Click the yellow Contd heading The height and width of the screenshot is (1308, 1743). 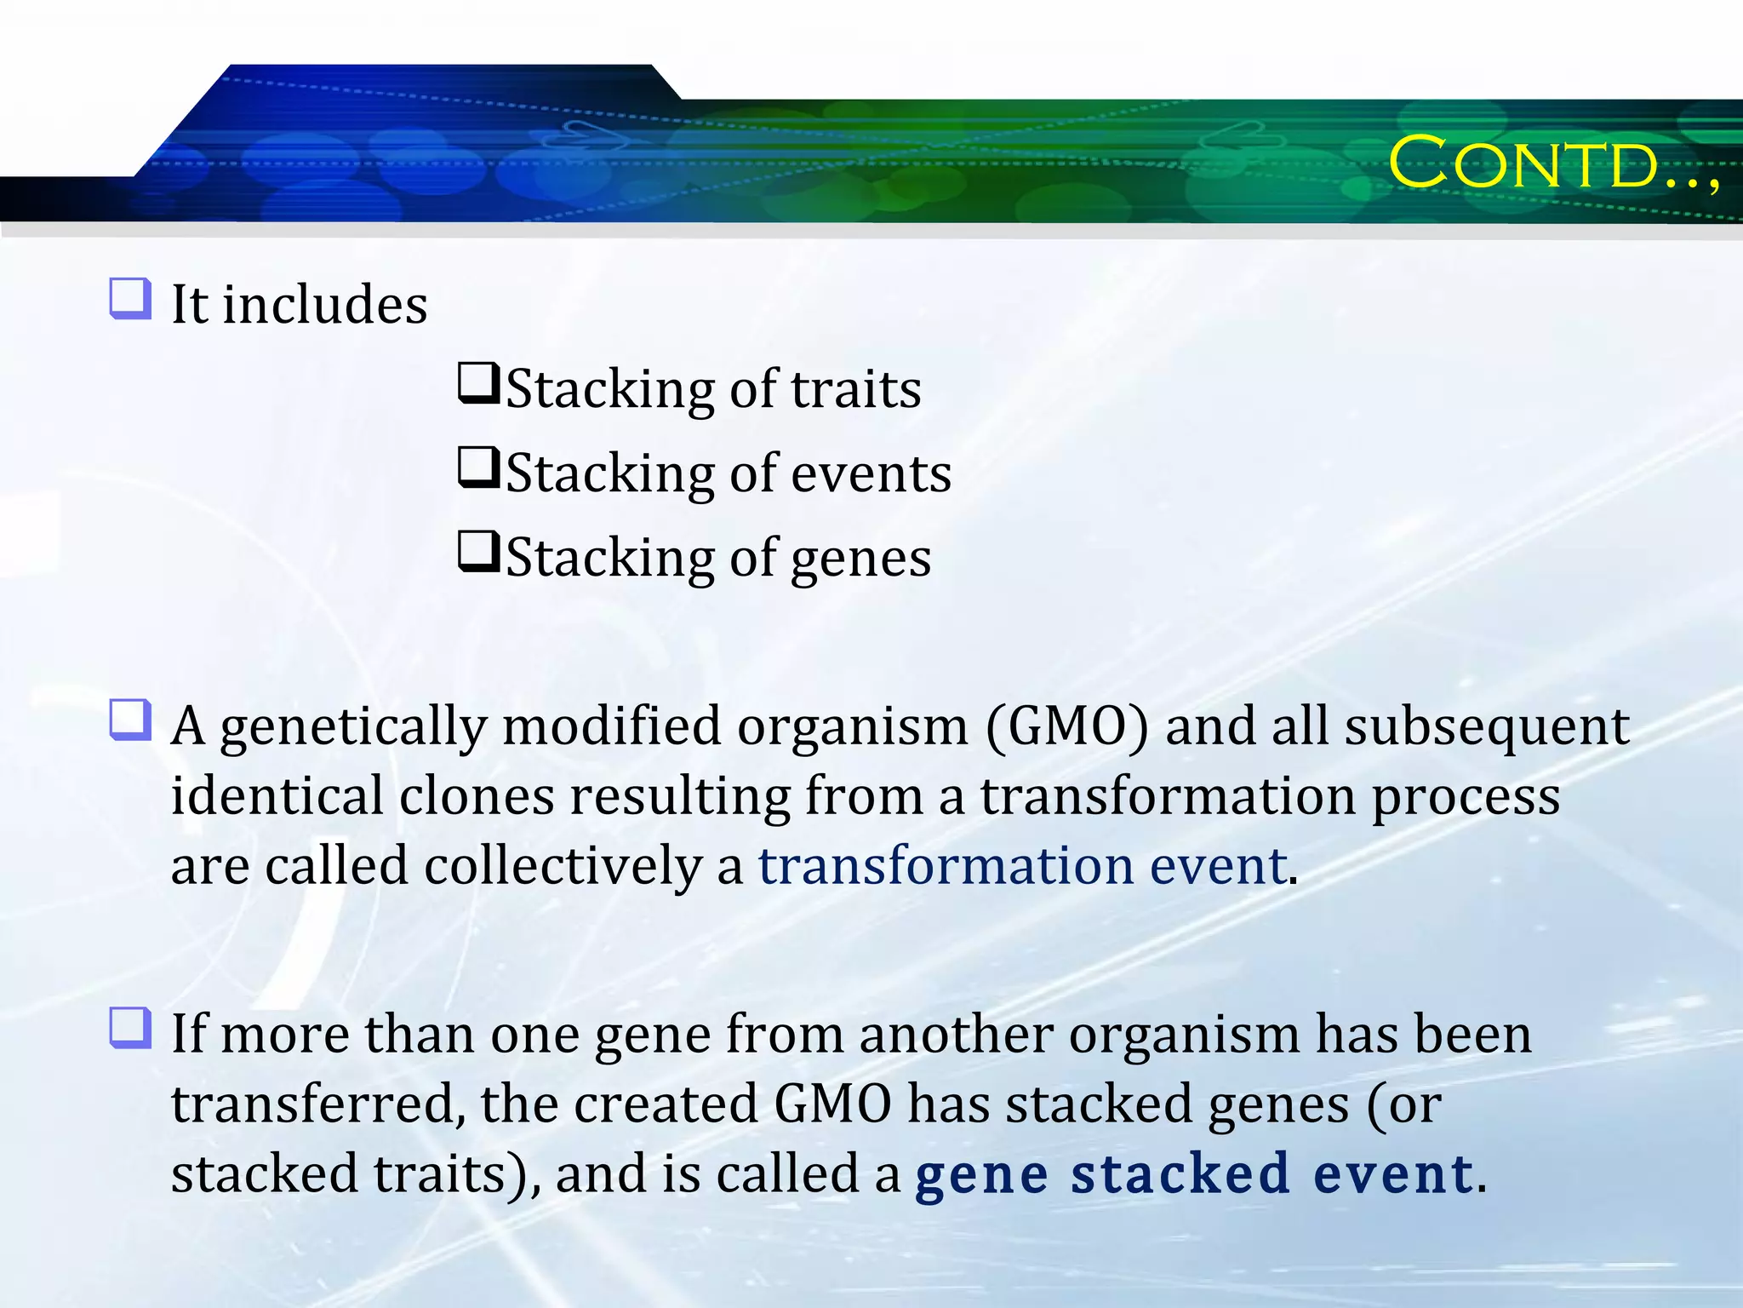(x=1552, y=163)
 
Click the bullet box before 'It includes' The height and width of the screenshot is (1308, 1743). (x=130, y=299)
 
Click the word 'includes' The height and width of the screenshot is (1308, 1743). (x=325, y=305)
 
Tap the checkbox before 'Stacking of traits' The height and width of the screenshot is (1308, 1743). (x=478, y=383)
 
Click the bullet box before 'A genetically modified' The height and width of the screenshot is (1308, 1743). (x=130, y=720)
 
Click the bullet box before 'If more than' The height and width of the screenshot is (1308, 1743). (x=130, y=1028)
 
